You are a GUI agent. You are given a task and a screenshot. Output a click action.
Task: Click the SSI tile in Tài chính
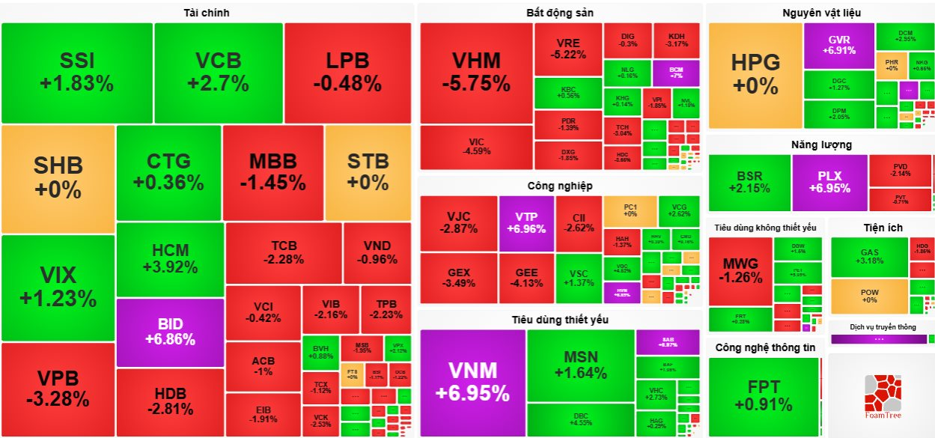pyautogui.click(x=77, y=73)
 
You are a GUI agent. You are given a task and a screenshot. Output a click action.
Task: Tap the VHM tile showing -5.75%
pyautogui.click(x=476, y=73)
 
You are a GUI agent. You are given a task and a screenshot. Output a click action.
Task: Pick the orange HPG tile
pyautogui.click(x=755, y=74)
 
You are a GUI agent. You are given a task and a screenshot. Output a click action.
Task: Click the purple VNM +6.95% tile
pyautogui.click(x=472, y=381)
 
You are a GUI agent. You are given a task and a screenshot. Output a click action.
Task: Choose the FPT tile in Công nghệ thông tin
pyautogui.click(x=763, y=395)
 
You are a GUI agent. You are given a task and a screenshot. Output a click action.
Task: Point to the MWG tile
pyautogui.click(x=740, y=271)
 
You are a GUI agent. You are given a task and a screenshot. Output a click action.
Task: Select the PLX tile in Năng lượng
pyautogui.click(x=829, y=182)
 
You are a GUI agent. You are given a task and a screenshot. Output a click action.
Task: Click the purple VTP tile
pyautogui.click(x=526, y=223)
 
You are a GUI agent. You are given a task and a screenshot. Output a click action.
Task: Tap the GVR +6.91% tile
pyautogui.click(x=838, y=46)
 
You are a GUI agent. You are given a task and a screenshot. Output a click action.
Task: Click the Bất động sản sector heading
pyautogui.click(x=559, y=13)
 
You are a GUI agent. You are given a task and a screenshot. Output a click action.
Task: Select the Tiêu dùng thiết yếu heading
pyautogui.click(x=560, y=320)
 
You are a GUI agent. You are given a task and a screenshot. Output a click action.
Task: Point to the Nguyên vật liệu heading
pyautogui.click(x=821, y=13)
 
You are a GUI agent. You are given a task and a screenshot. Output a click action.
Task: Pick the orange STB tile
pyautogui.click(x=368, y=171)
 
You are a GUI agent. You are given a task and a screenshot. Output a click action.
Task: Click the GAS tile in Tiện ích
pyautogui.click(x=868, y=257)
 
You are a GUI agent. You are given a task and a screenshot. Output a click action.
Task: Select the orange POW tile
pyautogui.click(x=868, y=296)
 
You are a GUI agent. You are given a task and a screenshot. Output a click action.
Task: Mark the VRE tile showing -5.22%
pyautogui.click(x=567, y=48)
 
